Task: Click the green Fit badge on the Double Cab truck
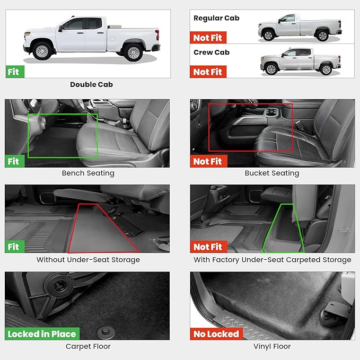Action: (15, 71)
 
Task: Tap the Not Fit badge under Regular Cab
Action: (208, 38)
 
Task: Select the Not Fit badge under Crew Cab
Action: (208, 72)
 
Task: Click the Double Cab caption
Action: (91, 84)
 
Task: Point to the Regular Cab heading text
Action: (216, 18)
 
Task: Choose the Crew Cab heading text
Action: (212, 52)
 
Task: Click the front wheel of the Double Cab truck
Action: (42, 50)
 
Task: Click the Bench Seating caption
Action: (88, 173)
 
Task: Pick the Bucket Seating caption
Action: (271, 173)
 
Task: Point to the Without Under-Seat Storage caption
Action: (88, 260)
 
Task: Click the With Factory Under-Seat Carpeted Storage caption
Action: (272, 260)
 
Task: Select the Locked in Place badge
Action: (42, 334)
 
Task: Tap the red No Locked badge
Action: (216, 334)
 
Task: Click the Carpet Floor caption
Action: (88, 347)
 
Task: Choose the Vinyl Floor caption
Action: (272, 347)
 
